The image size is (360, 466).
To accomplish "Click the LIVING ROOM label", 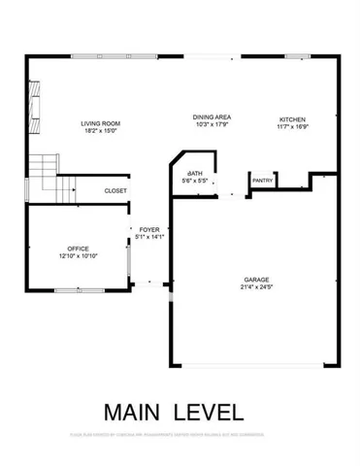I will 99,123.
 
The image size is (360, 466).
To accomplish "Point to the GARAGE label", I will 256,279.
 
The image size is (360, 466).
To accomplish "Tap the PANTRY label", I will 263,181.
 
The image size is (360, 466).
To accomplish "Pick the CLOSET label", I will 115,190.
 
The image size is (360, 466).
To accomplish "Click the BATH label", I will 194,173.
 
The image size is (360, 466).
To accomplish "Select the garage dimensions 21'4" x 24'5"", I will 256,286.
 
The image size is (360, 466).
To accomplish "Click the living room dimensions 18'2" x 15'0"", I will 99,131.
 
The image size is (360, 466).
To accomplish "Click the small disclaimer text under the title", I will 180,434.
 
